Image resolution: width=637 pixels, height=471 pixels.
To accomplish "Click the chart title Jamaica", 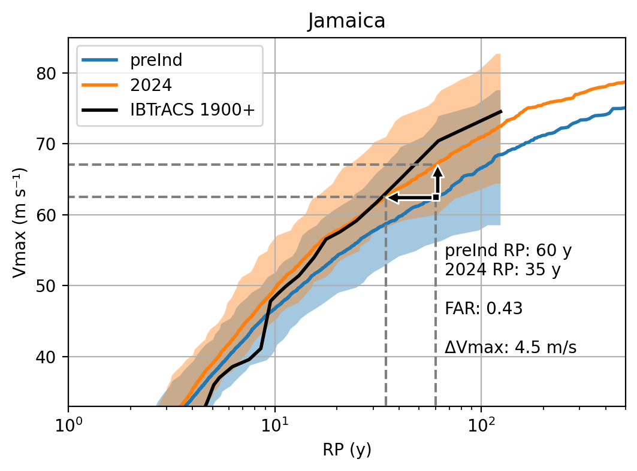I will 346,21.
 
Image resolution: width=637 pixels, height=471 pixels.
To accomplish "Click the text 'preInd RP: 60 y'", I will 508,250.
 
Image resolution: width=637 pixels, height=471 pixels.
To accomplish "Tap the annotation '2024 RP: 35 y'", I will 502,270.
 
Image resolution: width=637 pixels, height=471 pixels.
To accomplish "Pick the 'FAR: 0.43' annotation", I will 484,309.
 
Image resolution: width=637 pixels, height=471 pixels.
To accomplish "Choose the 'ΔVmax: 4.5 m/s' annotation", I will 511,347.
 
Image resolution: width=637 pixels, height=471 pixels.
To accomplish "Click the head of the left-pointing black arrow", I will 390,197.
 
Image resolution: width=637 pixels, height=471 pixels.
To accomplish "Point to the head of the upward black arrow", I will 438,170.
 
